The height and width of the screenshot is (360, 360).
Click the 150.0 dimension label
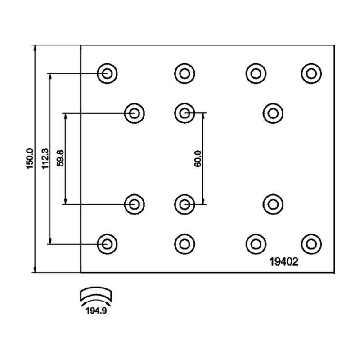point(30,159)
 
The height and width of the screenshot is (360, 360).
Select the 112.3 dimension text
point(45,159)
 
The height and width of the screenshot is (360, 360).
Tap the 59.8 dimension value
point(60,158)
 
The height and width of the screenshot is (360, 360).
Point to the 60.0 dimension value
point(198,159)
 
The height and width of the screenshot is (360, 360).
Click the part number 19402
point(284,261)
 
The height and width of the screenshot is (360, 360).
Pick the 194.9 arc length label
point(96,311)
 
